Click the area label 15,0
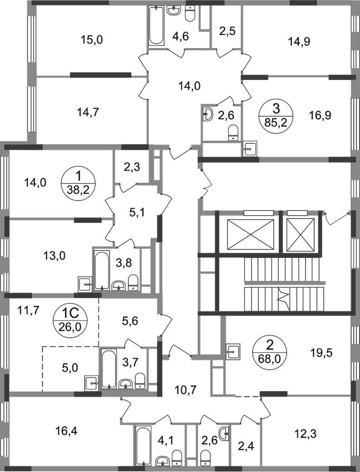[92, 39]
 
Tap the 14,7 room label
[88, 113]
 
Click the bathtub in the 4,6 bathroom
[156, 26]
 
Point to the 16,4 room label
[67, 431]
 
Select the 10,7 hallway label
[185, 390]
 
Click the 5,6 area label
[130, 321]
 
